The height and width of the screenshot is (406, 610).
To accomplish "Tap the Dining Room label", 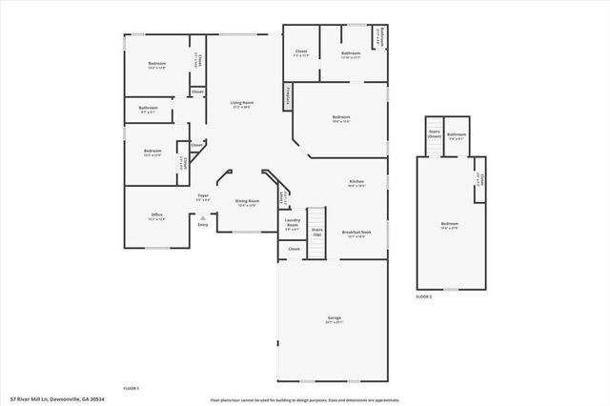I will pos(248,202).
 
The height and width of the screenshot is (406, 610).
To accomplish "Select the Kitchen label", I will pos(356,182).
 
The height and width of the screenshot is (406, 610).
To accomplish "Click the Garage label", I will pos(334,319).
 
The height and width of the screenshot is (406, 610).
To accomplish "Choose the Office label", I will pos(156,216).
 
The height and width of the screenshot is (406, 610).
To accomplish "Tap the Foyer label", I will pos(203,196).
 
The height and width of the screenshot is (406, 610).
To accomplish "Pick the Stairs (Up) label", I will pos(317,232).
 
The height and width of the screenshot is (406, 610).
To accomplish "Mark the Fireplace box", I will pos(287,95).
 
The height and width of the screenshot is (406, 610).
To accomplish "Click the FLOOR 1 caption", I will pos(132,389).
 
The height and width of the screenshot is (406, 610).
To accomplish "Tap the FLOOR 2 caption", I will pos(423,297).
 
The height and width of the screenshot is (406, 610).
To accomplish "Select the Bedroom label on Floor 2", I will pos(450,227).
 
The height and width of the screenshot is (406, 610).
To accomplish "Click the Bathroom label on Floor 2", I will pos(456,136).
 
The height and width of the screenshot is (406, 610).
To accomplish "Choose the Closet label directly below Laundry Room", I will pos(294,249).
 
